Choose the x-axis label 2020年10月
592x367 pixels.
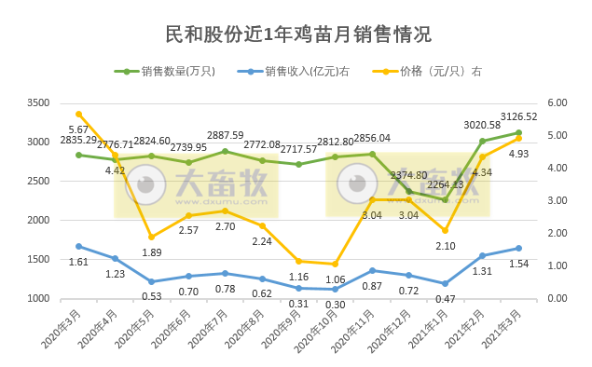[317, 331]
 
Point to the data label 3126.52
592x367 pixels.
[519, 116]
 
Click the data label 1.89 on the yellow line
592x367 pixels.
[152, 251]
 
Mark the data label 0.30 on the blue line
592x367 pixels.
[336, 305]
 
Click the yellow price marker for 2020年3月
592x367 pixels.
[79, 114]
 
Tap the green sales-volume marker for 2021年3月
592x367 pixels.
[518, 132]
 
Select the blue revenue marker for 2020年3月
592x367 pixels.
[79, 246]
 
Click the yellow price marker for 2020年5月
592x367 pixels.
[152, 237]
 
